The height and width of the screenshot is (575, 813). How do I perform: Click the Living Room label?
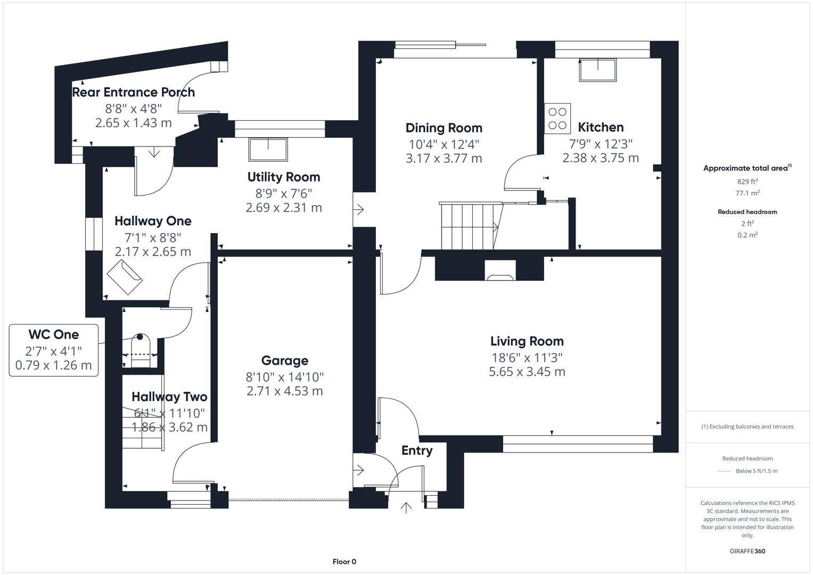(x=527, y=341)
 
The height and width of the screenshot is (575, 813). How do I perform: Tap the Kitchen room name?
(x=601, y=127)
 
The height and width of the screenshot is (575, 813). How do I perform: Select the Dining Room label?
(x=444, y=128)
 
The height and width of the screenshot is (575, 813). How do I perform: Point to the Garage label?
(x=284, y=361)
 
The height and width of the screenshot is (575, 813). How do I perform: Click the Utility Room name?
(x=284, y=177)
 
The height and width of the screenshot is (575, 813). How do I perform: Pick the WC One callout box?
(x=54, y=350)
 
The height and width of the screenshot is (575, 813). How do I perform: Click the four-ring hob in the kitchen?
(x=557, y=118)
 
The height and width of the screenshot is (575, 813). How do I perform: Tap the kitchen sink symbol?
(x=598, y=70)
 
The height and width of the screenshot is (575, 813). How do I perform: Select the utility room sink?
(x=268, y=150)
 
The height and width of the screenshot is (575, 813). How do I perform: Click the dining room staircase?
(x=469, y=226)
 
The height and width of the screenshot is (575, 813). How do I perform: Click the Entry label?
(x=416, y=451)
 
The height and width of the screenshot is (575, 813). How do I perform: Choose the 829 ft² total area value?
(x=747, y=182)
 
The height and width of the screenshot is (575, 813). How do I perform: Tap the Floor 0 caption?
(x=344, y=562)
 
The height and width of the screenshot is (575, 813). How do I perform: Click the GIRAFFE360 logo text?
(x=747, y=551)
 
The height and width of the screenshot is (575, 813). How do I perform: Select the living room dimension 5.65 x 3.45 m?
(x=527, y=372)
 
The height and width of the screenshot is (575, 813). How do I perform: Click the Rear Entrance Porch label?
(x=133, y=93)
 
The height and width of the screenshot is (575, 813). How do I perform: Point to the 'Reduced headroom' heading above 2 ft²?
(x=747, y=212)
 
